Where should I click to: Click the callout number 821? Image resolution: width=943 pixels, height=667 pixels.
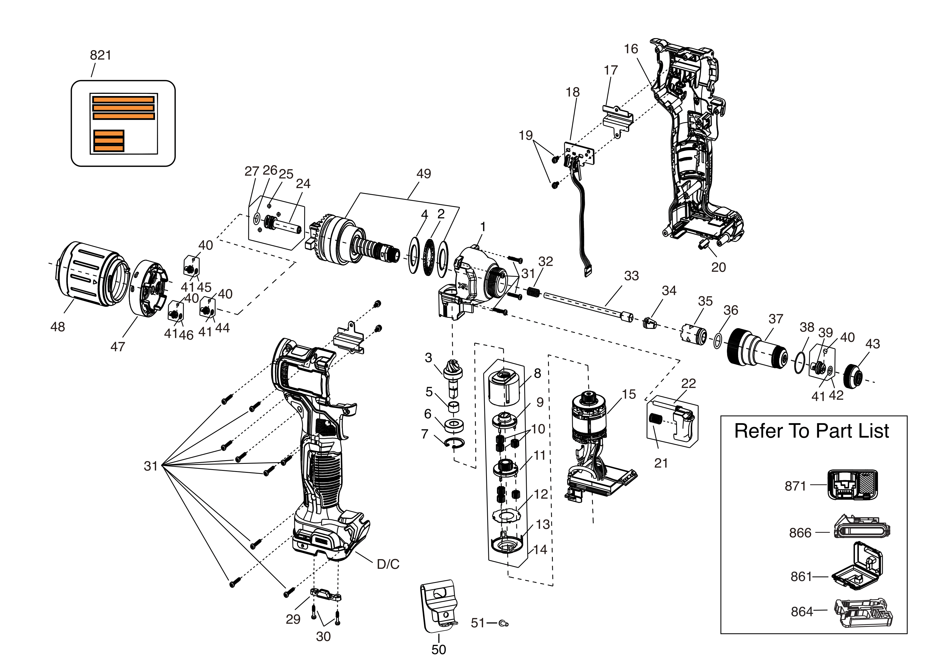click(x=101, y=55)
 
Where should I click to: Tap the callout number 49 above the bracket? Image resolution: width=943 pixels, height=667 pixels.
click(x=424, y=174)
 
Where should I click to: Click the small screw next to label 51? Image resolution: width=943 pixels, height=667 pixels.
click(x=503, y=624)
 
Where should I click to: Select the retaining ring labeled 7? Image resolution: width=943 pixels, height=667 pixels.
click(x=454, y=443)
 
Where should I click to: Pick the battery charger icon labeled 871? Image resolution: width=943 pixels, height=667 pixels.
click(x=852, y=485)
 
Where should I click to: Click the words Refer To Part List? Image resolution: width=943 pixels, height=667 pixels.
click(x=811, y=431)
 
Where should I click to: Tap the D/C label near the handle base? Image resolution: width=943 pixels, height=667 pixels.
click(x=388, y=564)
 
